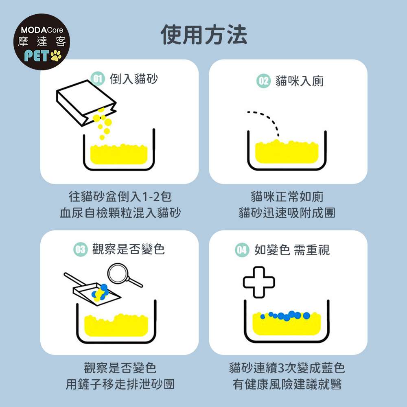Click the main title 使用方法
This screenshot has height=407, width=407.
(x=204, y=35)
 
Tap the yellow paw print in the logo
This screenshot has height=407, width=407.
(x=56, y=55)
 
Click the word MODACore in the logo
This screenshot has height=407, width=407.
(x=42, y=30)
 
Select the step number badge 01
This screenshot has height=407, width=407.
(x=98, y=79)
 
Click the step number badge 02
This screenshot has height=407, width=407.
(x=263, y=81)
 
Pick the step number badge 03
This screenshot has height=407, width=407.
(x=81, y=249)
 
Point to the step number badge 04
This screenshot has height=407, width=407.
(x=242, y=250)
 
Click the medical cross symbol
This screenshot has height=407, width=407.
(x=259, y=282)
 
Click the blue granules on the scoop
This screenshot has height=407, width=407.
(x=101, y=292)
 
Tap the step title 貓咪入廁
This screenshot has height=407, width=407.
(x=299, y=81)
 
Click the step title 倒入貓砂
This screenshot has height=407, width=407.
(x=133, y=79)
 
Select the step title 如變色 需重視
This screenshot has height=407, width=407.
(x=292, y=250)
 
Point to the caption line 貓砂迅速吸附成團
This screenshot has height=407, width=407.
(x=287, y=213)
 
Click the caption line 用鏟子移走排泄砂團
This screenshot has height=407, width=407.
(x=120, y=384)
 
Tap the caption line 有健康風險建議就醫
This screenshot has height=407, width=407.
(x=287, y=384)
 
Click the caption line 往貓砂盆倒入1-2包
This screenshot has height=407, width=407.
(x=120, y=197)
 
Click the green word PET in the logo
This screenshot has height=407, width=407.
(x=37, y=55)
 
